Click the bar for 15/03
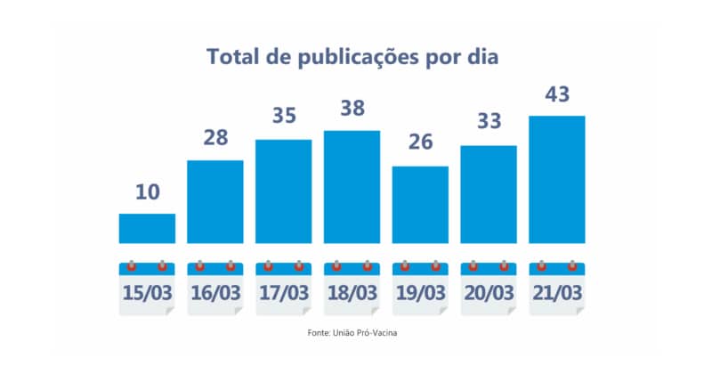(147, 228)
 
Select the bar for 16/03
(215, 201)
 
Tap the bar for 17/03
(284, 191)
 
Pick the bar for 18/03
(352, 187)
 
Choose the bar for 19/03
(420, 205)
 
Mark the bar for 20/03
(489, 194)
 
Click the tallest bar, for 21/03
(557, 179)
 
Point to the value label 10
(147, 191)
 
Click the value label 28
(215, 138)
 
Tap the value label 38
(352, 109)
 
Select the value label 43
(557, 93)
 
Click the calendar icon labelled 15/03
(147, 287)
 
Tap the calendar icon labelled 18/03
(352, 287)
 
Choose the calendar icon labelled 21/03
(557, 287)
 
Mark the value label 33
(489, 123)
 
